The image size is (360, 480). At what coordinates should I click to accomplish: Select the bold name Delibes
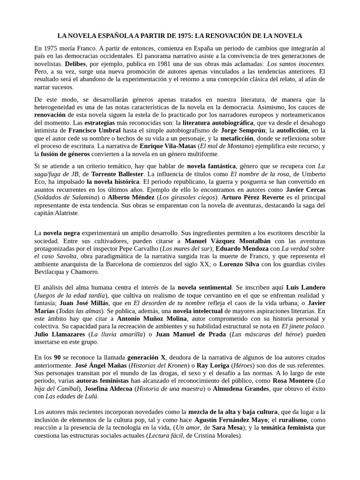(x=75, y=64)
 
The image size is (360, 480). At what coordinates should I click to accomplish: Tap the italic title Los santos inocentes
(x=295, y=64)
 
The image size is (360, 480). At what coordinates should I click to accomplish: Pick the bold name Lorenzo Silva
(x=240, y=264)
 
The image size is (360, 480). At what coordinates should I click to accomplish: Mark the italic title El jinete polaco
(x=303, y=326)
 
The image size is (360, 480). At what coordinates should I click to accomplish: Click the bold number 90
(x=58, y=357)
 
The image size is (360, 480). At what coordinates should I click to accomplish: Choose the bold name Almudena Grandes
(x=248, y=389)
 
